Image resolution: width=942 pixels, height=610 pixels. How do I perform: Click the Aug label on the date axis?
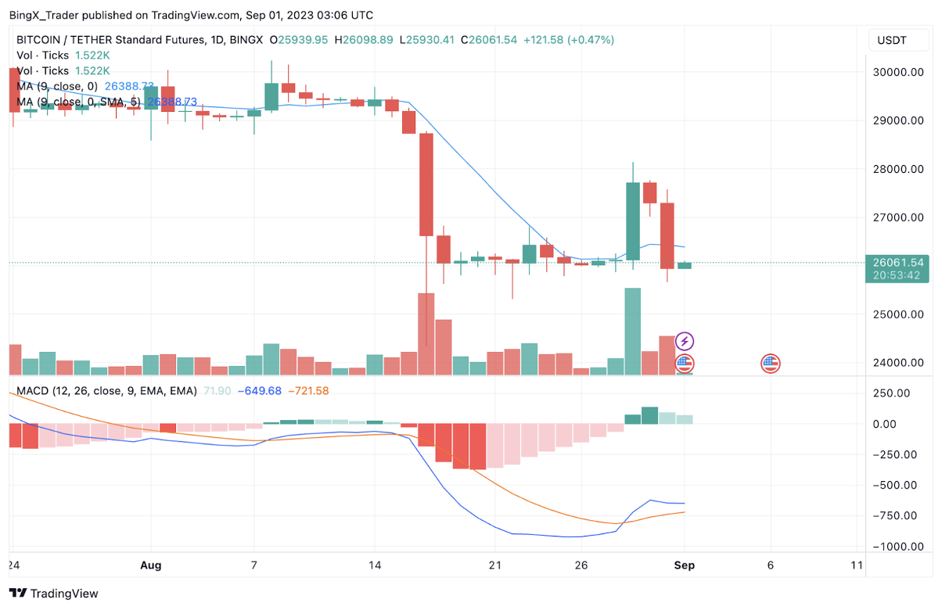151,565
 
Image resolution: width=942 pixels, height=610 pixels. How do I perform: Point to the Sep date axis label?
685,565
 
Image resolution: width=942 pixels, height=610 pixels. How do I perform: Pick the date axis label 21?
494,565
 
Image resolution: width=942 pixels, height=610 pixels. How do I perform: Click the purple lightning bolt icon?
685,341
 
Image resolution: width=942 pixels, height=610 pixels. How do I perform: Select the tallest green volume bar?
632,331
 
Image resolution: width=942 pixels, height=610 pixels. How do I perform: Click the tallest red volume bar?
426,333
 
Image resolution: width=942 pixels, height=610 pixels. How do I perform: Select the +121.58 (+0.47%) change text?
569,39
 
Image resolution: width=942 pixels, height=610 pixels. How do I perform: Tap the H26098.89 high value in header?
364,39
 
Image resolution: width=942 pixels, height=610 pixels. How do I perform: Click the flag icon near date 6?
771,362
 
